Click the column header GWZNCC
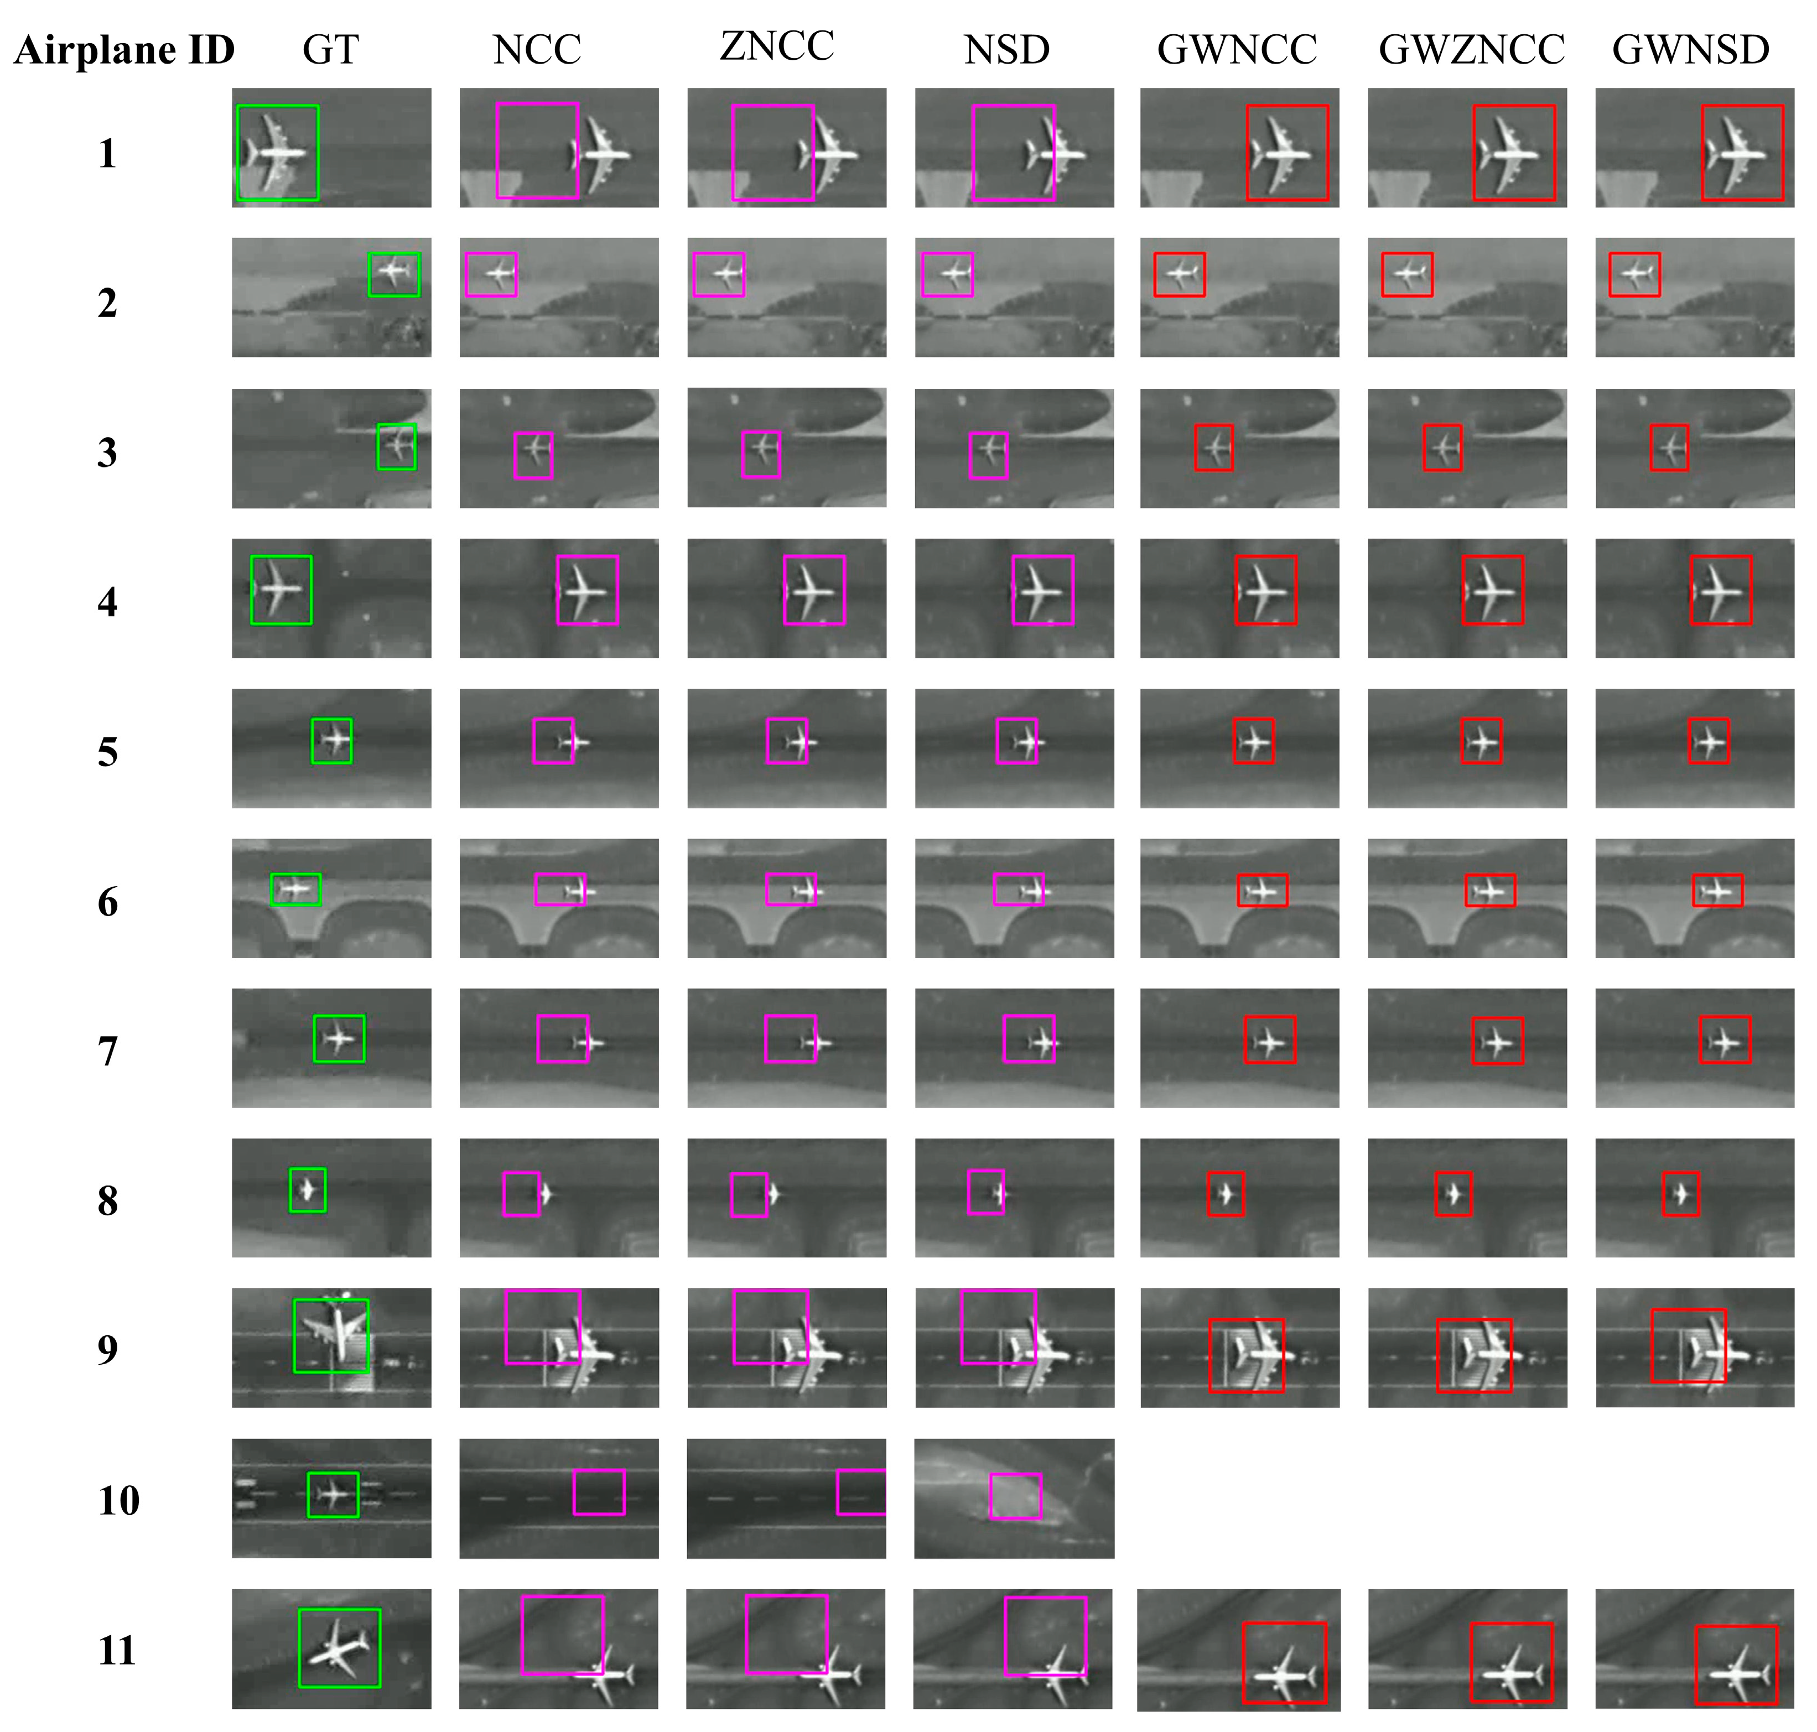click(x=1472, y=50)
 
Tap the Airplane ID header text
click(x=124, y=50)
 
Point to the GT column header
click(x=330, y=50)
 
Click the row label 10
click(x=118, y=1499)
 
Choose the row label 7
click(x=108, y=1050)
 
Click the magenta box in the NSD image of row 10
click(x=1016, y=1496)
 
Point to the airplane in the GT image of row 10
click(x=333, y=1493)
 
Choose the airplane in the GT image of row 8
click(x=308, y=1189)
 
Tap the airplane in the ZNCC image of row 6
click(x=803, y=891)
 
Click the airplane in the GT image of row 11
click(x=339, y=1647)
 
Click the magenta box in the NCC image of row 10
click(x=599, y=1493)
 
